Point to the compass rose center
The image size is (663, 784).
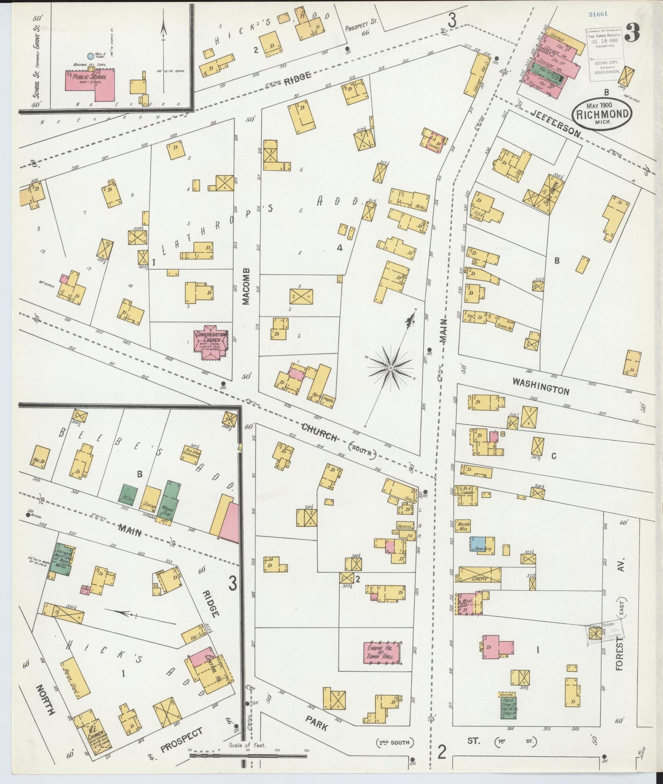tap(390, 368)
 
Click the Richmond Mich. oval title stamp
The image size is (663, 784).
tap(602, 113)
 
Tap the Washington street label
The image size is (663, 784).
tap(540, 386)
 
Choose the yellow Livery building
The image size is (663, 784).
tap(479, 575)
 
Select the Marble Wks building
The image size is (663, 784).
tap(462, 526)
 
